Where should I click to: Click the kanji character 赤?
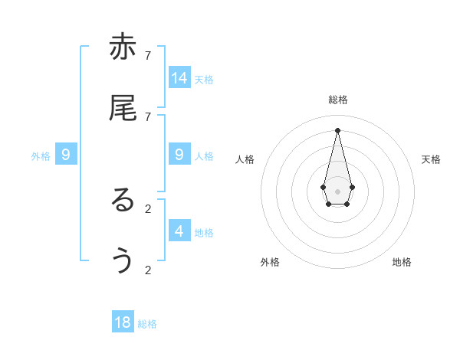click(123, 47)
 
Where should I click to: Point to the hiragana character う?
click(123, 261)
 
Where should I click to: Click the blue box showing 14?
click(179, 77)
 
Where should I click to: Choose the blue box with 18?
click(123, 322)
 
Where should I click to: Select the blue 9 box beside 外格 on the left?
click(66, 155)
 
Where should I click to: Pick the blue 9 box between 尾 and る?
click(179, 154)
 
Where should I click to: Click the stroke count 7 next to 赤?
click(148, 55)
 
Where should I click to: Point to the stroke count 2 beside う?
click(148, 270)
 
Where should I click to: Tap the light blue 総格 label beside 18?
click(147, 324)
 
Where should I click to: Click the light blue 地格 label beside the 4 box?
click(204, 233)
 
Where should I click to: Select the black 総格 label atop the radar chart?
click(338, 100)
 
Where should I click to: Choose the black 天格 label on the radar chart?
click(431, 159)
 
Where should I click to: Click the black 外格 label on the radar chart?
click(270, 262)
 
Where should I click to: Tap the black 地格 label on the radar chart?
click(402, 262)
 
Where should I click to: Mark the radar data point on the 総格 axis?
click(337, 129)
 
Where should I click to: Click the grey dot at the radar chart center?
click(337, 191)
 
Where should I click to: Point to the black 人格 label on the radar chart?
click(245, 159)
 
